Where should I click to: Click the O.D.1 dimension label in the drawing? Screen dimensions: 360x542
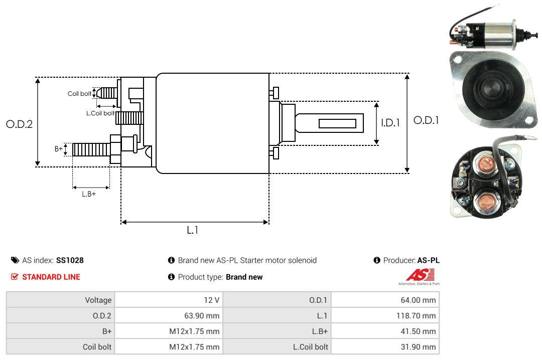(x=426, y=120)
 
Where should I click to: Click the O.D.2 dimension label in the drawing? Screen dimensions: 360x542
(x=19, y=124)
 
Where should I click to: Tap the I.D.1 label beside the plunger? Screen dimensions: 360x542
(x=390, y=122)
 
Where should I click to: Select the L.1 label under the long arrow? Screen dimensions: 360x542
(x=193, y=230)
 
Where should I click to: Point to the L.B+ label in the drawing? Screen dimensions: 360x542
(x=89, y=194)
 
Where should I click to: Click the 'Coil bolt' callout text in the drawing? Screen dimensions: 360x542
(x=79, y=94)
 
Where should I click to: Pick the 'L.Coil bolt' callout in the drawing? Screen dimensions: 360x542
(x=100, y=113)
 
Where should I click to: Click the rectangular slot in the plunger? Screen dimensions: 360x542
(x=337, y=123)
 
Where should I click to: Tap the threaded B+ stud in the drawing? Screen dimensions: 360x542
(x=91, y=149)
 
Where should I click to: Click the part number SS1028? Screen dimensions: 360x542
(x=70, y=260)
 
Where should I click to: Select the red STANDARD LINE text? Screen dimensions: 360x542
(x=51, y=277)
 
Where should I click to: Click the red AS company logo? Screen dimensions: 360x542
(x=421, y=275)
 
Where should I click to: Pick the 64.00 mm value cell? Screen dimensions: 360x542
(x=421, y=300)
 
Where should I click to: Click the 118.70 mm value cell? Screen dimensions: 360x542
(x=419, y=315)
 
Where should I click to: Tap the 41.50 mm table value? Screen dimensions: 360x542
(x=421, y=331)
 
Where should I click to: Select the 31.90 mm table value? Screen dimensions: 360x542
(x=421, y=346)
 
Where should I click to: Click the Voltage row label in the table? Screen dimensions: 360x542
(x=98, y=300)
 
